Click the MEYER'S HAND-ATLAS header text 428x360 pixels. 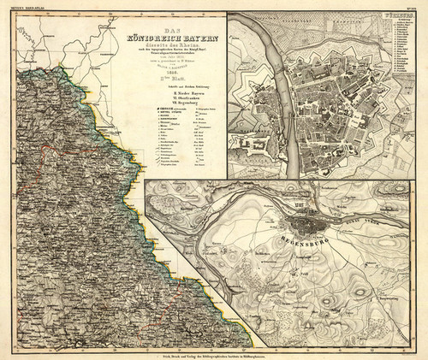26,9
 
